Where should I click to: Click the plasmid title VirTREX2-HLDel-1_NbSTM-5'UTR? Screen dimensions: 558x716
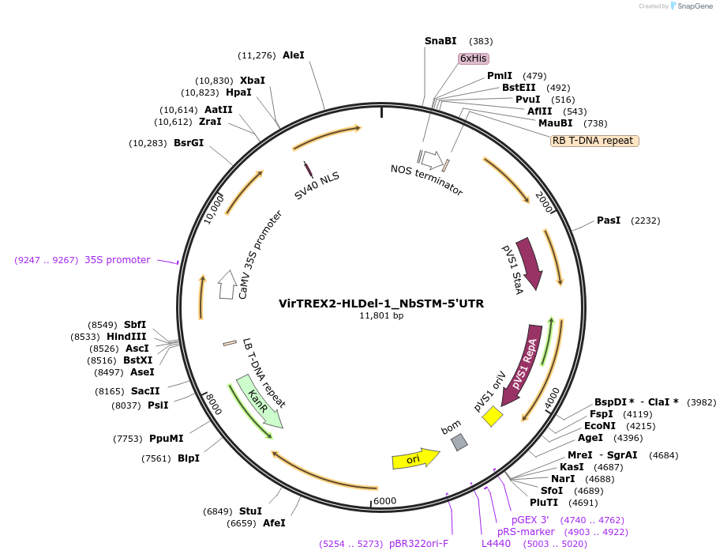(381, 304)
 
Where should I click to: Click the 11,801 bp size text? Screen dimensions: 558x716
(381, 316)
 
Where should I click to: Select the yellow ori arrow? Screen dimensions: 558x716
(415, 458)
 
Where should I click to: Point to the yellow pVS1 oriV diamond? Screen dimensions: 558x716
(493, 416)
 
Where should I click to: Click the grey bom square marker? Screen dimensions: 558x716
(459, 443)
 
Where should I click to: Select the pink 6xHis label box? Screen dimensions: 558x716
(474, 58)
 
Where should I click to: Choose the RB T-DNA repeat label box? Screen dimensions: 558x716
(594, 141)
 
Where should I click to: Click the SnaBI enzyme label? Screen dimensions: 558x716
(440, 40)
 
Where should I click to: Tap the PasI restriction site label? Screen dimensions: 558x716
(609, 221)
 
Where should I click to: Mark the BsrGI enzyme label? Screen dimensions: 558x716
(189, 143)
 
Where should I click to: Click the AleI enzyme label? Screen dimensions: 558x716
(293, 55)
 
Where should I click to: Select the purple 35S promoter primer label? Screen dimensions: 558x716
(117, 260)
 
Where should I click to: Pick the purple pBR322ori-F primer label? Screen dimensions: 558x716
(418, 544)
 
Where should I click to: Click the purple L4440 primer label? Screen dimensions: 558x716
(496, 544)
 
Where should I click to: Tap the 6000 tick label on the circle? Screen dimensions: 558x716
(384, 501)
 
